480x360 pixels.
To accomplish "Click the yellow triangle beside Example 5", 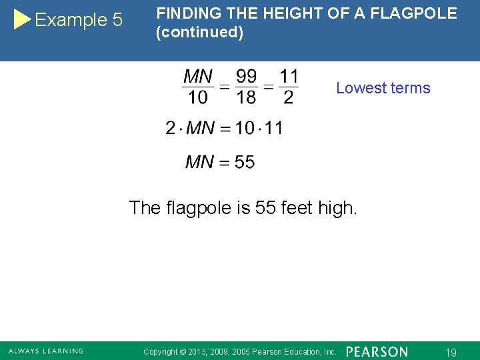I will tap(22, 19).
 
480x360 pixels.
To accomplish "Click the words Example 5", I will tap(79, 20).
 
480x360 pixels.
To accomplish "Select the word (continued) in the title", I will tap(199, 32).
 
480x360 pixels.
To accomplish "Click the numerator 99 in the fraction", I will tap(246, 77).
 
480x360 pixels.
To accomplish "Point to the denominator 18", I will tap(246, 97).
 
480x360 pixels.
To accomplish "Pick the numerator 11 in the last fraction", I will tap(289, 77).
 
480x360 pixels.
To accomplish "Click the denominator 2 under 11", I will tap(288, 97).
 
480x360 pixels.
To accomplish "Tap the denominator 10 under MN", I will tap(198, 97).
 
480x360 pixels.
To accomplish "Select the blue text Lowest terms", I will tap(383, 88).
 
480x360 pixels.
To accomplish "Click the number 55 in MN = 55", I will tap(245, 162).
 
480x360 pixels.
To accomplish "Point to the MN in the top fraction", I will tap(198, 77).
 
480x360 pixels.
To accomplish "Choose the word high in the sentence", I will tap(338, 208).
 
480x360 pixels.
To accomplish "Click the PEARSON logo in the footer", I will tap(377, 351).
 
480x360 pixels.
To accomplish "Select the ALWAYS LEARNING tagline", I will tap(46, 351).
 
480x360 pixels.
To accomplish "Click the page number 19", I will tap(451, 352).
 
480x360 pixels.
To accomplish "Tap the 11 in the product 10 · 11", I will tap(273, 128).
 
